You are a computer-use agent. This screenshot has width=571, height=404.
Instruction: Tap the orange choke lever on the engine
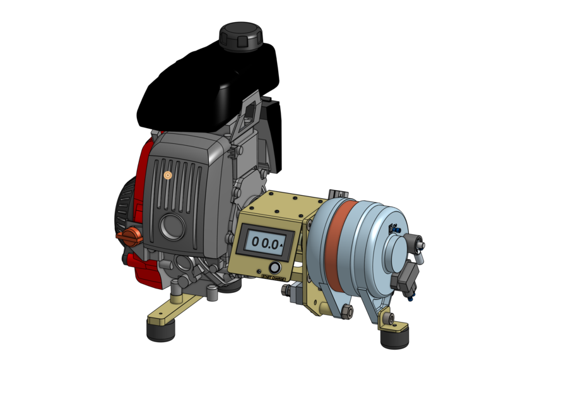[x=130, y=237]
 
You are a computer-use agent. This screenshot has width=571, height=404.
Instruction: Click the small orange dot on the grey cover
[x=167, y=175]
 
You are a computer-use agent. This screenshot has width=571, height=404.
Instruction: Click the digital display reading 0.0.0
[x=264, y=241]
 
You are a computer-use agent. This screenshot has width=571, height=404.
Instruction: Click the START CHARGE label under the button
[x=273, y=276]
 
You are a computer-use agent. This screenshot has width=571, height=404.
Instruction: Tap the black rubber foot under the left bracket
[x=160, y=331]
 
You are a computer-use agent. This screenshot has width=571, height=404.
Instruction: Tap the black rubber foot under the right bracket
[x=394, y=338]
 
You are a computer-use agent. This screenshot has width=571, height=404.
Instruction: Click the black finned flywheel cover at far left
[x=124, y=208]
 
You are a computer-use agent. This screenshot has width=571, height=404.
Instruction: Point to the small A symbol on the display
[x=282, y=242]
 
